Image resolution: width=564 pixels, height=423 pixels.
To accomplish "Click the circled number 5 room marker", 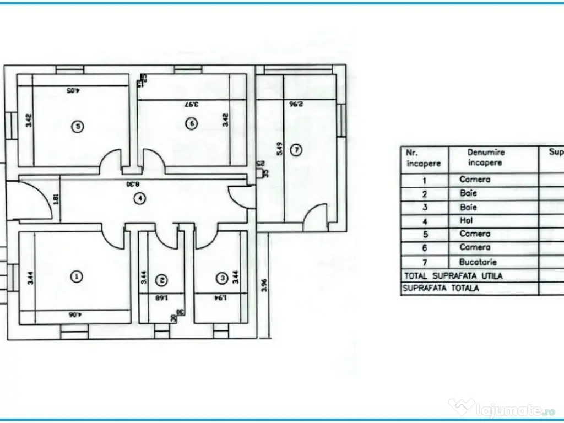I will pyautogui.click(x=78, y=127).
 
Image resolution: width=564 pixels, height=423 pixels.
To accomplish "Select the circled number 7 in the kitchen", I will pyautogui.click(x=296, y=149).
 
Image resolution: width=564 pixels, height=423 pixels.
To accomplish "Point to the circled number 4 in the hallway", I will pyautogui.click(x=142, y=198).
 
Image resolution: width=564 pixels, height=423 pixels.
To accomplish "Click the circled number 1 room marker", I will pyautogui.click(x=78, y=276).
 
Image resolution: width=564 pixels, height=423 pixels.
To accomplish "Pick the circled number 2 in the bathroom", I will pyautogui.click(x=161, y=280).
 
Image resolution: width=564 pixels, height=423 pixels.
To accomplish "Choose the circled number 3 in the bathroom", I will pyautogui.click(x=221, y=279).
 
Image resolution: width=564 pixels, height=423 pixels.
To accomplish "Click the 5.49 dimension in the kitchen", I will pyautogui.click(x=279, y=150).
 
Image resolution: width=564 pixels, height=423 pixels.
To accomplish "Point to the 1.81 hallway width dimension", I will pyautogui.click(x=56, y=198).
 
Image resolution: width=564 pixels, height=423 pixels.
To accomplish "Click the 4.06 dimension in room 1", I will pyautogui.click(x=75, y=316).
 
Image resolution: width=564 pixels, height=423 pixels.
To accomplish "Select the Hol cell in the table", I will pyautogui.click(x=466, y=220).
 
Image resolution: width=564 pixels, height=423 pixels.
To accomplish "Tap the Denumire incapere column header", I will pyautogui.click(x=486, y=158).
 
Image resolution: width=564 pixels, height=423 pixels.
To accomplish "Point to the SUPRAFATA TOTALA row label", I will pyautogui.click(x=441, y=288).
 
